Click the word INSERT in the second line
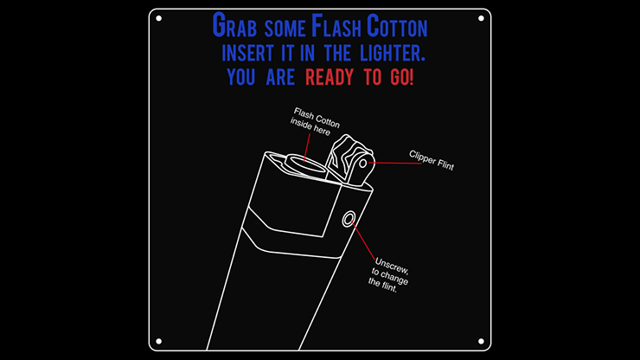pyautogui.click(x=250, y=53)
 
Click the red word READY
pyautogui.click(x=331, y=77)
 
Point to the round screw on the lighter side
pyautogui.click(x=349, y=219)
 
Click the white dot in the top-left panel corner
pyautogui.click(x=159, y=18)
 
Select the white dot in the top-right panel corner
pyautogui.click(x=481, y=18)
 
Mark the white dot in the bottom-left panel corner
pyautogui.click(x=159, y=340)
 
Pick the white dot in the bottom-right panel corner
pyautogui.click(x=481, y=340)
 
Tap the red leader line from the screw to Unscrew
pyautogui.click(x=364, y=239)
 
